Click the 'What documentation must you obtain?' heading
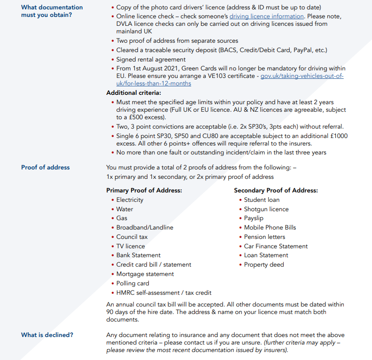point(52,11)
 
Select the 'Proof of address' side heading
point(45,167)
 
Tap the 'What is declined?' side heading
point(47,335)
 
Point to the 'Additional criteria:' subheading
point(134,93)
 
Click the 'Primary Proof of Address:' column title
point(144,190)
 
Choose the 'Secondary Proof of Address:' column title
point(276,190)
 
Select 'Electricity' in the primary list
point(130,199)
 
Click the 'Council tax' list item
point(132,237)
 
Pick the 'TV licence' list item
point(131,246)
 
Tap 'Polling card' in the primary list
point(133,283)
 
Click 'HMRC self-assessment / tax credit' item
point(164,292)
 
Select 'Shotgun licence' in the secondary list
point(266,209)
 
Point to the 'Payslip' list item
point(254,218)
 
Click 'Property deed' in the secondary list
point(264,264)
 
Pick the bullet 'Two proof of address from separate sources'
point(177,41)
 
